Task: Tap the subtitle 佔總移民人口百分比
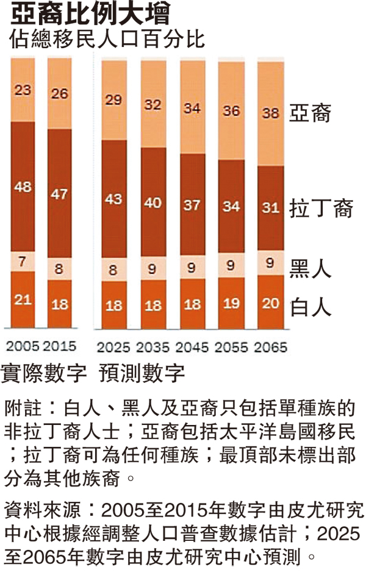[x=107, y=39]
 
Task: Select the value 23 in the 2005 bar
[x=23, y=90]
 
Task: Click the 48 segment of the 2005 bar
[x=23, y=187]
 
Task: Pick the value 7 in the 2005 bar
[x=23, y=261]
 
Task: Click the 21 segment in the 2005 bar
[x=23, y=299]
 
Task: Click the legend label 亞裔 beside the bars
[x=310, y=113]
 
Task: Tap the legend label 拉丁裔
[x=320, y=209]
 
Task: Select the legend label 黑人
[x=310, y=269]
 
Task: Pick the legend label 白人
[x=310, y=306]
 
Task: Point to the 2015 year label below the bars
[x=59, y=346]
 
